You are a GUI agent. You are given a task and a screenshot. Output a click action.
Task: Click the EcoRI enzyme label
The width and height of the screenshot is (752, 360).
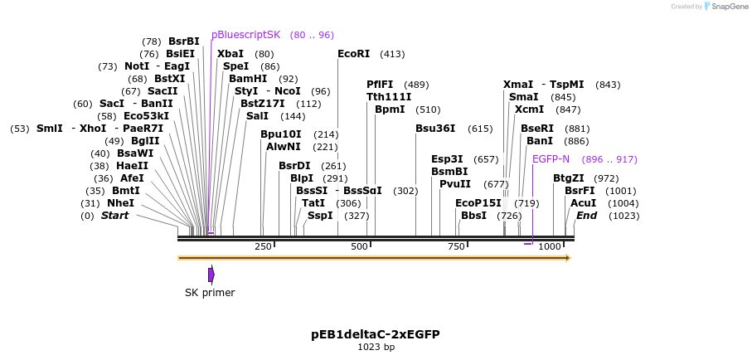pos(353,54)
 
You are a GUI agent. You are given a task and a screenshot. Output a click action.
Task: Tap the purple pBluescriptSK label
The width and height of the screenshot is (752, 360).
pos(245,35)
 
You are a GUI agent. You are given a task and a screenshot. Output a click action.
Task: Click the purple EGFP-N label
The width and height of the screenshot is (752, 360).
pos(551,159)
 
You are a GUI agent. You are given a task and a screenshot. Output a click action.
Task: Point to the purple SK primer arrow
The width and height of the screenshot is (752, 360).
pos(211,275)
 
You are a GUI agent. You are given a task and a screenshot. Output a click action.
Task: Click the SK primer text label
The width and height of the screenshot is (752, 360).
pos(210,293)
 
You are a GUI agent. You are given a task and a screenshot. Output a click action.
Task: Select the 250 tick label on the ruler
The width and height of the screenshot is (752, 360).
pos(263,247)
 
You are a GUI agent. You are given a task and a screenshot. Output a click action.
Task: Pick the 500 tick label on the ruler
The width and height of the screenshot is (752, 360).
pos(360,247)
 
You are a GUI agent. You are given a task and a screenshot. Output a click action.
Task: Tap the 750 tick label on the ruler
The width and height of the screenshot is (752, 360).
pos(456,247)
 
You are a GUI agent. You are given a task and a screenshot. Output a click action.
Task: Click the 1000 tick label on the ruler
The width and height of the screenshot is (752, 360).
pos(550,247)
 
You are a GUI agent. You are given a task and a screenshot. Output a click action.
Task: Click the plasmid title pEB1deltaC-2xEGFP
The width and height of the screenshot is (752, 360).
pos(375,334)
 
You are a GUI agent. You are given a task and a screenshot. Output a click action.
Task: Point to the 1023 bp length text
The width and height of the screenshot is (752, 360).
pos(375,348)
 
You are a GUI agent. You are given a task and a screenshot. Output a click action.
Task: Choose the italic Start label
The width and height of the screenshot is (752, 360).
pos(114,216)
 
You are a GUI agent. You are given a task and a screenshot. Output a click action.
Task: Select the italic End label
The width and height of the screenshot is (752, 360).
pos(586,216)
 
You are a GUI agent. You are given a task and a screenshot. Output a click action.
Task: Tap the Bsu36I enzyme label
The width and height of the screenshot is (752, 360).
pos(435,129)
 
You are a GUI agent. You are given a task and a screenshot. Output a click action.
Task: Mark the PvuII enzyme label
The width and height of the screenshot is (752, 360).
pos(454,184)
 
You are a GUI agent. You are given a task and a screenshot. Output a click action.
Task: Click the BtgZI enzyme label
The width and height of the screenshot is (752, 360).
pos(569,178)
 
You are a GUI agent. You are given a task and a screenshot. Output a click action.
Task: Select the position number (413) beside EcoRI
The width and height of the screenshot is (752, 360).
pos(392,54)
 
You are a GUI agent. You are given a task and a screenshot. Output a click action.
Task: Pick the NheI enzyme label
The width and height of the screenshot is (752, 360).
pos(120,203)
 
